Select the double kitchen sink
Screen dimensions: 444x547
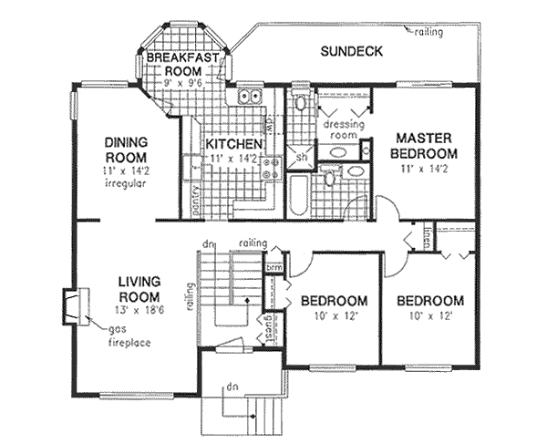[x=250, y=97]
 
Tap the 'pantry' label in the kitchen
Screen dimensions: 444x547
[x=196, y=200]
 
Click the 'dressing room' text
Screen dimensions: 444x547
[x=343, y=128]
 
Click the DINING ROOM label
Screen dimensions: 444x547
[x=126, y=148]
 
